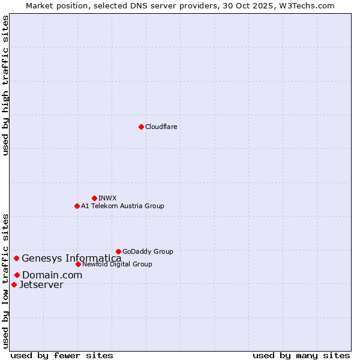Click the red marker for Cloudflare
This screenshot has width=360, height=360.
[x=141, y=127]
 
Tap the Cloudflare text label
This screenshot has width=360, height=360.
[x=161, y=127]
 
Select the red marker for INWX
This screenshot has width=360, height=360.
[x=94, y=198]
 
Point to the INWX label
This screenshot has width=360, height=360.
[x=107, y=198]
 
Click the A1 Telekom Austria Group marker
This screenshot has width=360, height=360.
[x=77, y=206]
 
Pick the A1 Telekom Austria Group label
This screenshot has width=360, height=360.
[x=122, y=206]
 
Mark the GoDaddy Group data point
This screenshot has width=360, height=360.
[x=118, y=251]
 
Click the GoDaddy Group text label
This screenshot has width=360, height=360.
[x=148, y=251]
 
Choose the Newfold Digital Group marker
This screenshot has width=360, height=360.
[x=78, y=264]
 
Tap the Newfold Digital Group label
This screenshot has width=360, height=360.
[x=117, y=264]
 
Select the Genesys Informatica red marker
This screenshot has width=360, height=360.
[x=16, y=259]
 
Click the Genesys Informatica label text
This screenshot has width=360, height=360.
[x=71, y=259]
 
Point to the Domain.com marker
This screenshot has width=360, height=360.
[x=17, y=275]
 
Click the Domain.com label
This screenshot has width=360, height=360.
[x=52, y=275]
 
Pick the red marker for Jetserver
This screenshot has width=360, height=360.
[x=14, y=284]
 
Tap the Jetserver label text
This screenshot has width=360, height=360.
[x=41, y=284]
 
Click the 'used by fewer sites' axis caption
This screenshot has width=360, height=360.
[x=62, y=355]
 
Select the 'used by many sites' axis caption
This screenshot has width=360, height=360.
[x=301, y=355]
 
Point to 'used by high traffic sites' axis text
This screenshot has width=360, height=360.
[x=5, y=85]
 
